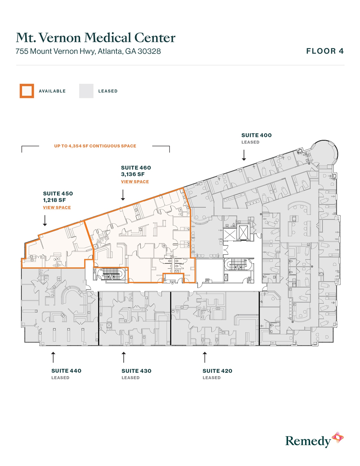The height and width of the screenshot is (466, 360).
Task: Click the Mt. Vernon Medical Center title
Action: coord(95,38)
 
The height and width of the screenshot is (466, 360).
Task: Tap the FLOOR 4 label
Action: coord(325,51)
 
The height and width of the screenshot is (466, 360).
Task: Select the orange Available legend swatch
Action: coord(27,91)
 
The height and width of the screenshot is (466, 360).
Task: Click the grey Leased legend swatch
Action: coord(86,91)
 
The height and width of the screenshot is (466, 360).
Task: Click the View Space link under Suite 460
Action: coord(135,182)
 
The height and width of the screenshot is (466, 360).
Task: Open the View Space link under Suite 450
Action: coord(57,208)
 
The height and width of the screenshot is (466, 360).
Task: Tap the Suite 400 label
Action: coord(256,135)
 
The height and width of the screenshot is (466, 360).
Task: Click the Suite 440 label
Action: coord(66,371)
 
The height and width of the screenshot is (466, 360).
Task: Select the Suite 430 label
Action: coord(136,371)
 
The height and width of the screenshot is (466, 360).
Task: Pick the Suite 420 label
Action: coord(217,371)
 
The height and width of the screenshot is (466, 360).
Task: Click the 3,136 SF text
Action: coord(133,174)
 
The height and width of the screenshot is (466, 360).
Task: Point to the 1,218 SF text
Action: coord(54,200)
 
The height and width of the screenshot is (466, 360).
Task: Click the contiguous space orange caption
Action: coord(95,146)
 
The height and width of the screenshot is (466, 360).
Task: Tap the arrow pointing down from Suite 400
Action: coord(244,155)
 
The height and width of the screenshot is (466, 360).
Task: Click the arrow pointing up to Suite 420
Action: coord(205,357)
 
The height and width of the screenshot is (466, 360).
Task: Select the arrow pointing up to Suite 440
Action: coord(53,357)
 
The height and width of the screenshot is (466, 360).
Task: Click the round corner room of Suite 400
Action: coord(325,153)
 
